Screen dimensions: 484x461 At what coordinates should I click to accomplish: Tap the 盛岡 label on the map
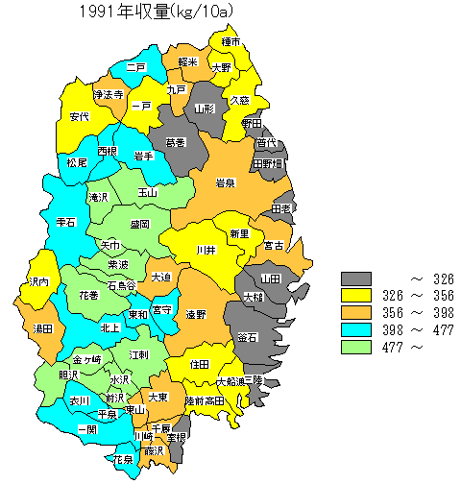[x=139, y=224]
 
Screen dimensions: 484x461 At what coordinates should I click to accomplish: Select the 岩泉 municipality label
[x=226, y=183]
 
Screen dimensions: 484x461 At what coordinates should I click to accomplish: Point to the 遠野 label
[x=196, y=314]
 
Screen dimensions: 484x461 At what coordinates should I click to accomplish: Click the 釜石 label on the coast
[x=247, y=337]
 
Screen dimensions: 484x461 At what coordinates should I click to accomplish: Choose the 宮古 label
[x=274, y=245]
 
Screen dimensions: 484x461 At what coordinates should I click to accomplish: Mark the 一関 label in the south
[x=87, y=428]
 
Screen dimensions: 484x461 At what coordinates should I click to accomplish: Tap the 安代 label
[x=81, y=116]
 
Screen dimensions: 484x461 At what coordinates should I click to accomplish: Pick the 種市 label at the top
[x=230, y=42]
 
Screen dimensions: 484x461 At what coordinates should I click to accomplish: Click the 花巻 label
[x=88, y=294]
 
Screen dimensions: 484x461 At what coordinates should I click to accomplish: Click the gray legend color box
[x=356, y=278]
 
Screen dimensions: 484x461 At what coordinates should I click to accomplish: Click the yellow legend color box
[x=356, y=296]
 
